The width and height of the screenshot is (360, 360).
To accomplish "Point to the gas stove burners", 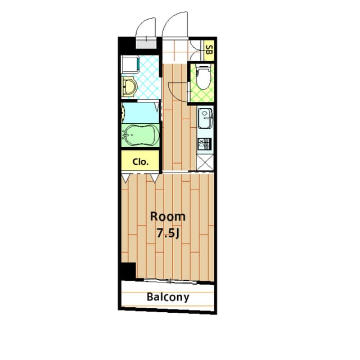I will (204, 144).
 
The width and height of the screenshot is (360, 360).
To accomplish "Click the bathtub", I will (141, 136).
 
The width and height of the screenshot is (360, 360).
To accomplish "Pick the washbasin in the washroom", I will (129, 88).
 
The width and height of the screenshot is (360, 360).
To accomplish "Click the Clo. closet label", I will (140, 162).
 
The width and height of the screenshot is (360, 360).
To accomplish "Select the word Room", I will (167, 217).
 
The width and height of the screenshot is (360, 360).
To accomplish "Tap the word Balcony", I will (168, 297).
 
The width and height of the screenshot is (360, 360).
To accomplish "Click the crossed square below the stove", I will (204, 162).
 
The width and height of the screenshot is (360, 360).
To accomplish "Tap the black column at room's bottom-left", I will (128, 271).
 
